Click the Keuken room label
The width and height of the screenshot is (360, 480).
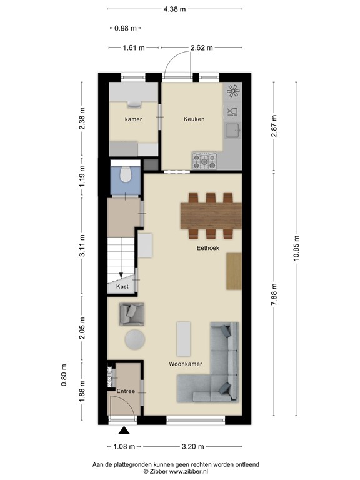click(x=194, y=119)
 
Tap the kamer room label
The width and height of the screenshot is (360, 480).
click(x=133, y=119)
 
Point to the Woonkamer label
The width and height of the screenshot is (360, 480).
click(x=186, y=363)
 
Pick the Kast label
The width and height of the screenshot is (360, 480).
click(x=122, y=286)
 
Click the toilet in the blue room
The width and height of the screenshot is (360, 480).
click(x=125, y=174)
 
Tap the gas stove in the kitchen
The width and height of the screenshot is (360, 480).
click(x=205, y=162)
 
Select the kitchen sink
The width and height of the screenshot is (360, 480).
click(x=232, y=130)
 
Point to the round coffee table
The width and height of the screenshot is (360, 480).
click(x=134, y=339)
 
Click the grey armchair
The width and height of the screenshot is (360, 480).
click(x=132, y=313)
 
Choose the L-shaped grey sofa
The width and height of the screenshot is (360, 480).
click(x=216, y=369)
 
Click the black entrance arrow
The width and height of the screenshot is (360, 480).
click(x=124, y=430)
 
